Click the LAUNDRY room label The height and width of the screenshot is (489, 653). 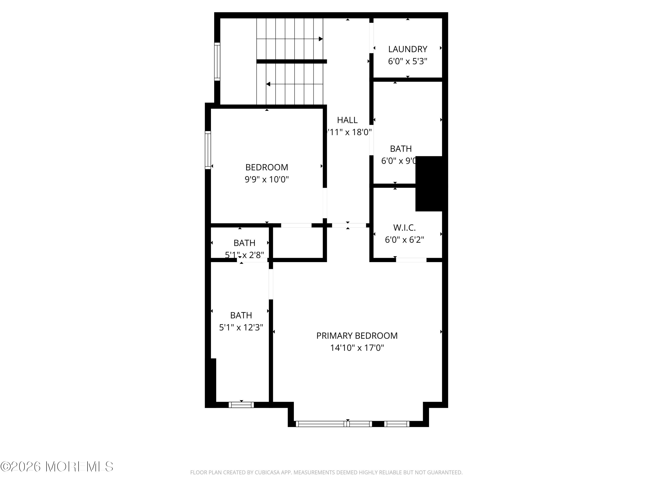(x=407, y=49)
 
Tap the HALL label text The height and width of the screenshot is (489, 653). (x=347, y=120)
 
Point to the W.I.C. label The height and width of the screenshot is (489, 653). (x=404, y=228)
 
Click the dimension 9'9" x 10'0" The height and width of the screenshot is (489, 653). (x=267, y=179)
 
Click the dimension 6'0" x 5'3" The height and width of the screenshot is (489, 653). (x=407, y=61)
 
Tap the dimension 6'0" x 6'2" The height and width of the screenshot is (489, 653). (x=404, y=240)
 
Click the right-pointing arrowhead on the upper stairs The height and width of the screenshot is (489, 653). (x=321, y=39)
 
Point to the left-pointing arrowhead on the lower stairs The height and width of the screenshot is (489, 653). (x=268, y=84)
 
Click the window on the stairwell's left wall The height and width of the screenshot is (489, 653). (x=217, y=62)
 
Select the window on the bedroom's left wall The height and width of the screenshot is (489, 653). (x=208, y=150)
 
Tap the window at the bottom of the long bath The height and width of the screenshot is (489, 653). (x=241, y=405)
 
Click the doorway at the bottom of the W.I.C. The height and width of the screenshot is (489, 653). (x=411, y=260)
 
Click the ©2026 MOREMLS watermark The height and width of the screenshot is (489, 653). (x=57, y=467)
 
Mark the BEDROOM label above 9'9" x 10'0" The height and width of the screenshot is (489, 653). (x=267, y=167)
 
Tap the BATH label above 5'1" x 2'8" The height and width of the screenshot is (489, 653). (x=244, y=243)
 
